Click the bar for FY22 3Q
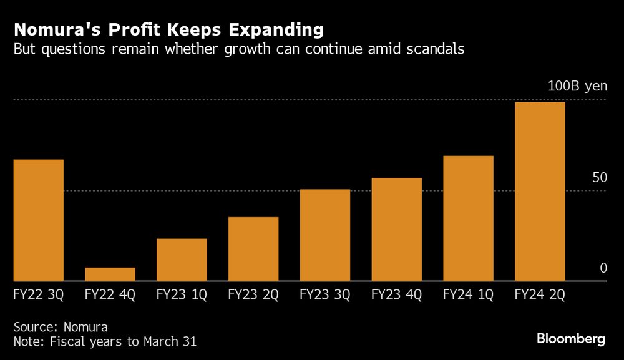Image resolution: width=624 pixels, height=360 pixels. coord(38,220)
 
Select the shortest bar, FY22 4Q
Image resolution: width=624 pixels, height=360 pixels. coord(110,275)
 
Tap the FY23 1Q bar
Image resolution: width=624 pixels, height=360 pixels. coord(182,260)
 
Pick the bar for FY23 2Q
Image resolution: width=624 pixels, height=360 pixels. coord(253,249)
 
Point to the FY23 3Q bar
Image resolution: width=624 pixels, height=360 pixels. coord(324,235)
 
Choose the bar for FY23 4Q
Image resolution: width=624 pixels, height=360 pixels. coord(396,230)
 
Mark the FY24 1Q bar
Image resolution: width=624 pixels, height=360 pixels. coord(468,218)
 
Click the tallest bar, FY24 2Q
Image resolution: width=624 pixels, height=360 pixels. coord(540,192)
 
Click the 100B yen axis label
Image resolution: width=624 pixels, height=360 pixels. coord(577,86)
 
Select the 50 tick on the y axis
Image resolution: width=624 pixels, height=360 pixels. coord(600,178)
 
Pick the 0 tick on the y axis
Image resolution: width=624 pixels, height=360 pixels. coord(603,268)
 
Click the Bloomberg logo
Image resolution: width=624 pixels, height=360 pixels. coord(571,339)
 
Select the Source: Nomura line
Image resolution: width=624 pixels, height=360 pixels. coord(61,326)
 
